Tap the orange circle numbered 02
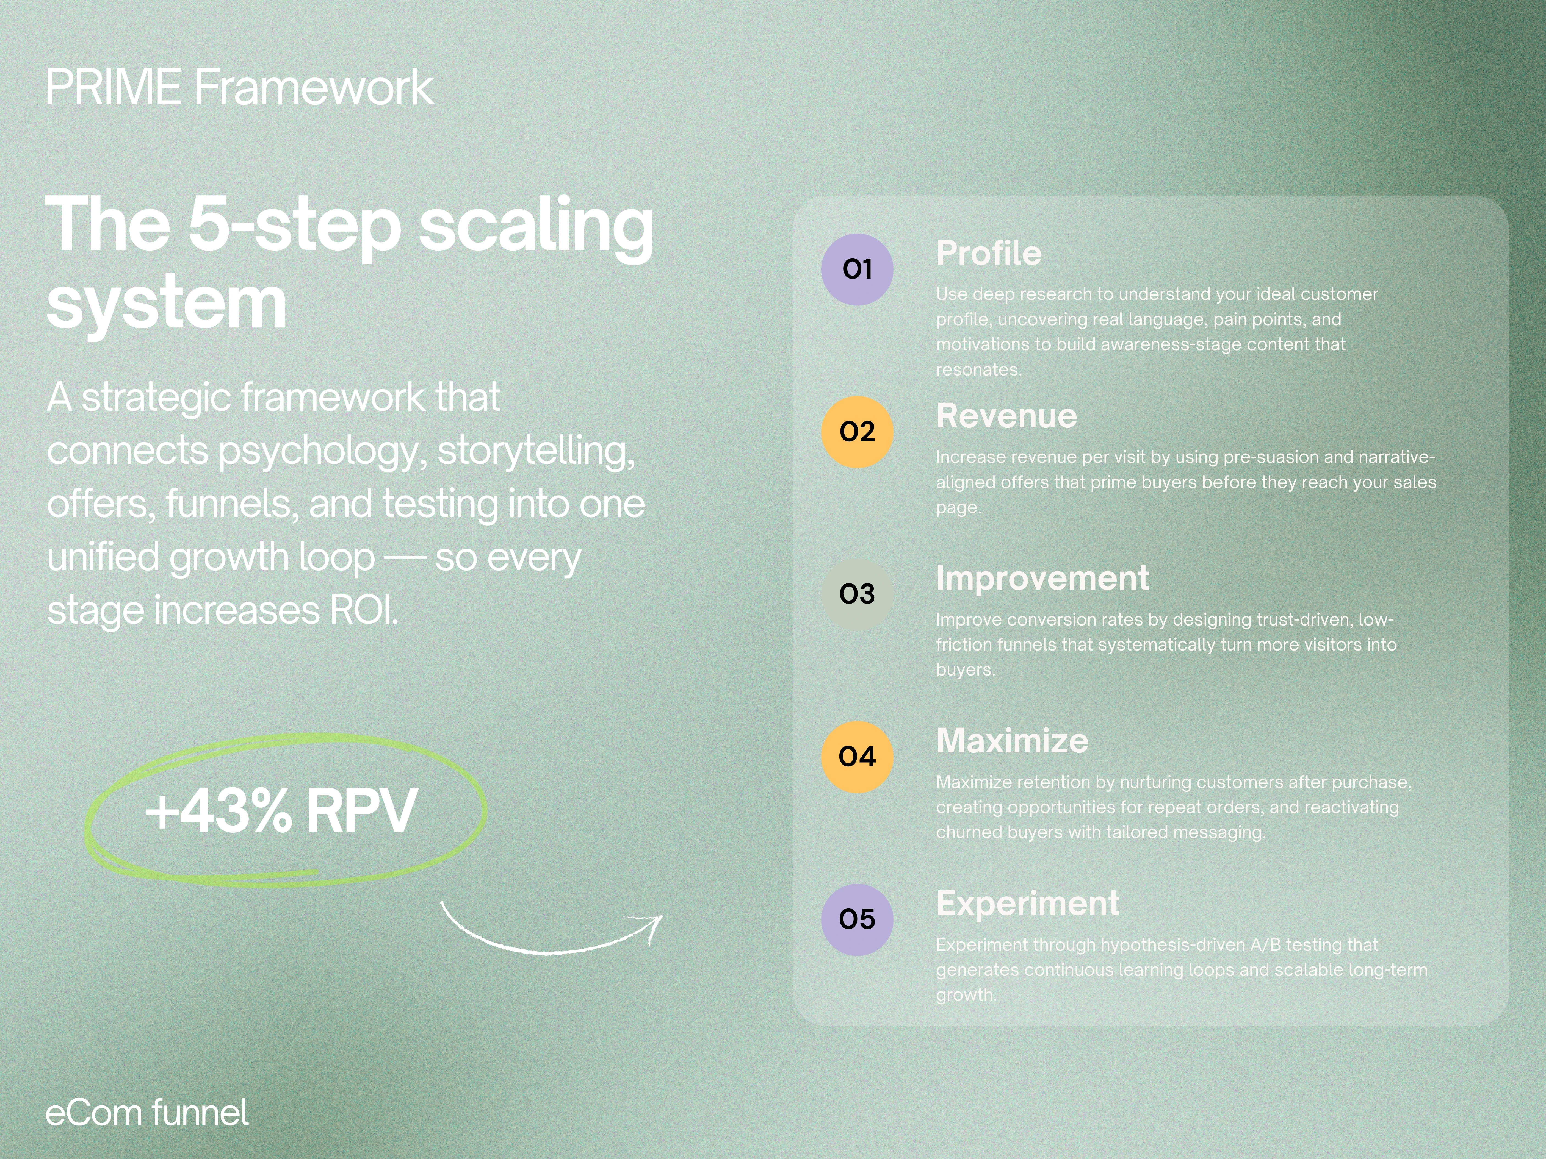[857, 432]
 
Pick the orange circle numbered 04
[857, 757]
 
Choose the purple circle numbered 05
[857, 919]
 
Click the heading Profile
[988, 254]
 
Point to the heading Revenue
[1006, 416]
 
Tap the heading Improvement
[1042, 579]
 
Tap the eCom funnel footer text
[147, 1113]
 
